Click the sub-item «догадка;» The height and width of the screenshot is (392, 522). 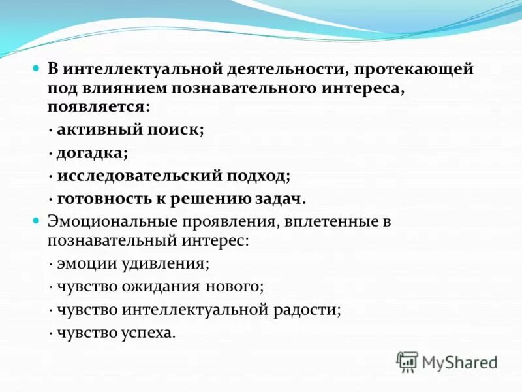pyautogui.click(x=92, y=153)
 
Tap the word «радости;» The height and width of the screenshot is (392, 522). pyautogui.click(x=310, y=310)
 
